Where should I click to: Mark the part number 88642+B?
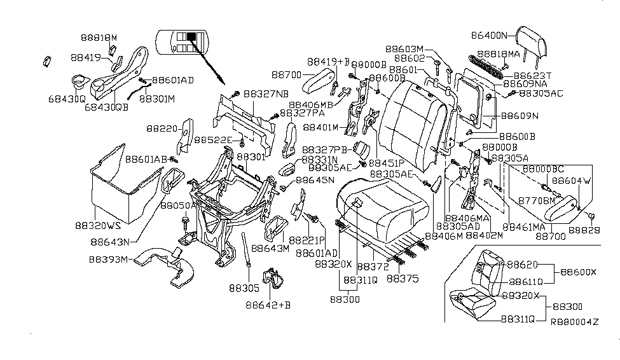(x=268, y=305)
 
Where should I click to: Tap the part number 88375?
(x=403, y=279)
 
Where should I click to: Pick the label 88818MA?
(x=499, y=55)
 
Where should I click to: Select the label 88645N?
(x=312, y=181)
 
